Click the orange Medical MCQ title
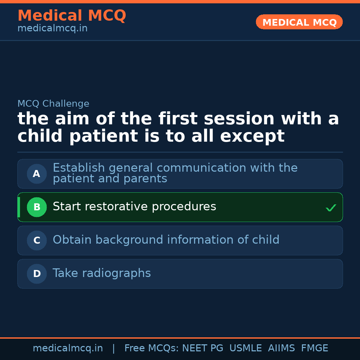click(72, 16)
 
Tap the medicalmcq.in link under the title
click(52, 29)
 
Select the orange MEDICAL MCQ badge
click(299, 22)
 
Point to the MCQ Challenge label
click(53, 104)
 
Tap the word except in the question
click(252, 136)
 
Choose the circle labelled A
click(37, 174)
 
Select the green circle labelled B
click(37, 207)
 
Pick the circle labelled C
click(37, 240)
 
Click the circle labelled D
click(37, 274)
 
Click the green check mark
click(331, 208)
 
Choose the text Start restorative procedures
click(134, 207)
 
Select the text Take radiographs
click(102, 273)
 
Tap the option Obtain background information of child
click(166, 240)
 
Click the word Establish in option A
click(79, 168)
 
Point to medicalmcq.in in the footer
click(68, 348)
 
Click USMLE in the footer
click(245, 348)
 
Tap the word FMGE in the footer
click(314, 348)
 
